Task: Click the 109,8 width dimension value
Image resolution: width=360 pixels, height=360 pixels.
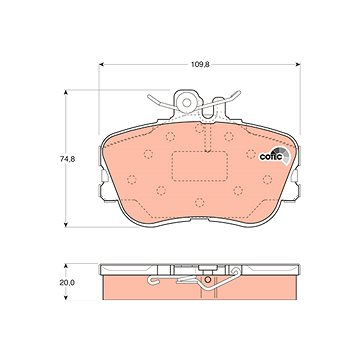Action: pos(200,65)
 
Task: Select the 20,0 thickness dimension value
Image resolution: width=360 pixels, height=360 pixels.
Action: pos(66,283)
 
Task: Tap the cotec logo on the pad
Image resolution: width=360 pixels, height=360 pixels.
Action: pos(275,155)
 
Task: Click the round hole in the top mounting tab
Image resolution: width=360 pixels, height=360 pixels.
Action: pos(187,103)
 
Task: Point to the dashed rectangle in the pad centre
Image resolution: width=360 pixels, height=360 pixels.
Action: pos(199,166)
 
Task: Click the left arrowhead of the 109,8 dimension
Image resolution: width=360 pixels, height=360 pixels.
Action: pos(102,65)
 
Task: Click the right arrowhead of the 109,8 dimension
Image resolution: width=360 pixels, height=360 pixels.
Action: pos(298,65)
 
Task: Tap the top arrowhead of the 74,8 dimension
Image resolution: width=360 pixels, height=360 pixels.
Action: pos(66,92)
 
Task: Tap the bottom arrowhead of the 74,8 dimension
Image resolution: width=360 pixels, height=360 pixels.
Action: pos(66,224)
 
